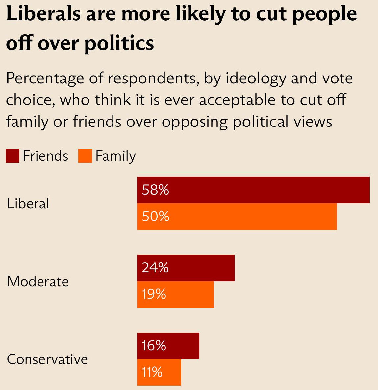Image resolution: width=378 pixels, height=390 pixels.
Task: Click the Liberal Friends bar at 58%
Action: coord(253,190)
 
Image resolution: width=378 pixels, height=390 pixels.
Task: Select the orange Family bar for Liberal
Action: coord(237,217)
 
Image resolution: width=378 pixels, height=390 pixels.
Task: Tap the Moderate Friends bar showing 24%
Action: coord(186,268)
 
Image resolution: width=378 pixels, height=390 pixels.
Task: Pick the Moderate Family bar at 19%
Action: coord(175,294)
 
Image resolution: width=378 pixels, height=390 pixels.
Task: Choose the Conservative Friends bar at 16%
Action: coord(168,346)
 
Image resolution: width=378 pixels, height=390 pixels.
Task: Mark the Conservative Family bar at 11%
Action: coord(159,372)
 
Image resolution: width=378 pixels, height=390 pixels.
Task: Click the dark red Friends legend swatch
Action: coord(13,156)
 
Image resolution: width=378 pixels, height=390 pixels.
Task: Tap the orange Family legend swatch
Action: coord(85,156)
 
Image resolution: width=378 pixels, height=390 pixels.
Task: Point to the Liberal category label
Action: coord(28,203)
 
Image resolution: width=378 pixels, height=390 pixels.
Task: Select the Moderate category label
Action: coord(38,282)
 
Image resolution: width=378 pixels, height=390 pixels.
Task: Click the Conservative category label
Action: coord(47,359)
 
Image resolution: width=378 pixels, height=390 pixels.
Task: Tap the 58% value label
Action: coord(156,190)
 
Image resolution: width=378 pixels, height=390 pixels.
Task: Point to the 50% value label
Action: coord(156,217)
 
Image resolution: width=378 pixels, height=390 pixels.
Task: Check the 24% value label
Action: coord(155,268)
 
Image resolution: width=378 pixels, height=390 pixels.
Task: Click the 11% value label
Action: coord(152,372)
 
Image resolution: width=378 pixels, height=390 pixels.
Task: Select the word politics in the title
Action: coord(119,43)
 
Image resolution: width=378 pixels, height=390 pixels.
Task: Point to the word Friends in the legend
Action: coord(45,156)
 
